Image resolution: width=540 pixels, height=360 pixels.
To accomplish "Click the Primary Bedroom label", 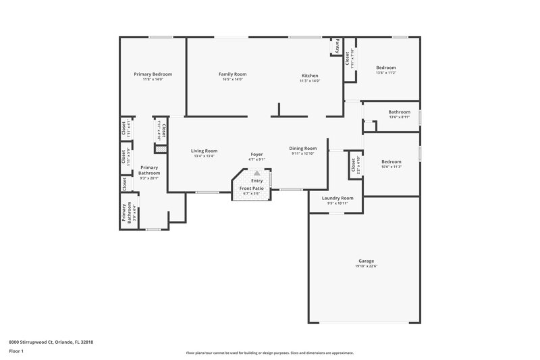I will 153,74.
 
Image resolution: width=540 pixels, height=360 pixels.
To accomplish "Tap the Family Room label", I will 232,74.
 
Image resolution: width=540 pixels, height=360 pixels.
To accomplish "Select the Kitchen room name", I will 309,76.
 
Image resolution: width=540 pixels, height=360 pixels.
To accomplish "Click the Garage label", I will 367,261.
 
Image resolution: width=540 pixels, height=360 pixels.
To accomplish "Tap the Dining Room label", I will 303,148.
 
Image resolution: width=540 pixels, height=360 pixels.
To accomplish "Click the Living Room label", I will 203,151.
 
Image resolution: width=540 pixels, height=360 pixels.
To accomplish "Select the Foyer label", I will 256,154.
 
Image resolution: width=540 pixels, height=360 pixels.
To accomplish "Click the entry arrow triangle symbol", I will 256,174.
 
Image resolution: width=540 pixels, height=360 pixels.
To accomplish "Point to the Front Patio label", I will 252,188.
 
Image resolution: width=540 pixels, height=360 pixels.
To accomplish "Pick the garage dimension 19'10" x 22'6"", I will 367,266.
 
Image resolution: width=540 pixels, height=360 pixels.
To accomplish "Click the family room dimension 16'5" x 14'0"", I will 232,80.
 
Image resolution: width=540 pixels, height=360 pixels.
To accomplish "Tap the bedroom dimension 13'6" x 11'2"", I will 385,73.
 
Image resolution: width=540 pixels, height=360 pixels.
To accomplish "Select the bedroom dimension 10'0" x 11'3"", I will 391,167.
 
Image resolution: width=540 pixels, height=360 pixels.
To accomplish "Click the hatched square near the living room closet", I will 160,147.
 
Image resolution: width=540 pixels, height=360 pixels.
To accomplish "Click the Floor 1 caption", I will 17,352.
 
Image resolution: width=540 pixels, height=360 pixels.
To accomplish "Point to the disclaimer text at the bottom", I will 269,353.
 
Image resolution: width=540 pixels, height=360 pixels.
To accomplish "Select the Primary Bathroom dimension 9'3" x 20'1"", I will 148,178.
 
